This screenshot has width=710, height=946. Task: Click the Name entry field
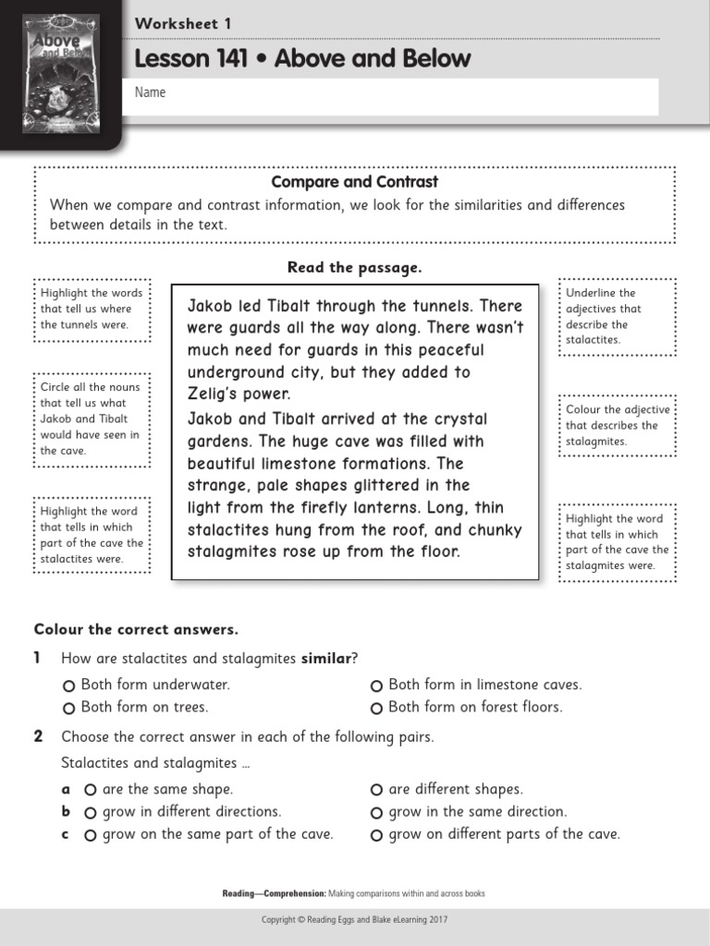click(x=392, y=95)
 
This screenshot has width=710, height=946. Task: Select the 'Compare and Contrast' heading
click(x=355, y=182)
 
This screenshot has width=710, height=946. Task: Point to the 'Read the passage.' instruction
click(x=354, y=267)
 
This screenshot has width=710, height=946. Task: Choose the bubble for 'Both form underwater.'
click(x=68, y=685)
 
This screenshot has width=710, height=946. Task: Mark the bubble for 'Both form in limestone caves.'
click(x=376, y=685)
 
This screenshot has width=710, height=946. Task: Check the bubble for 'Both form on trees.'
click(x=68, y=709)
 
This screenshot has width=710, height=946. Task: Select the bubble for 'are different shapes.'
click(x=376, y=790)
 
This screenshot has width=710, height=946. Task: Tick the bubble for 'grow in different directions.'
click(x=90, y=813)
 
